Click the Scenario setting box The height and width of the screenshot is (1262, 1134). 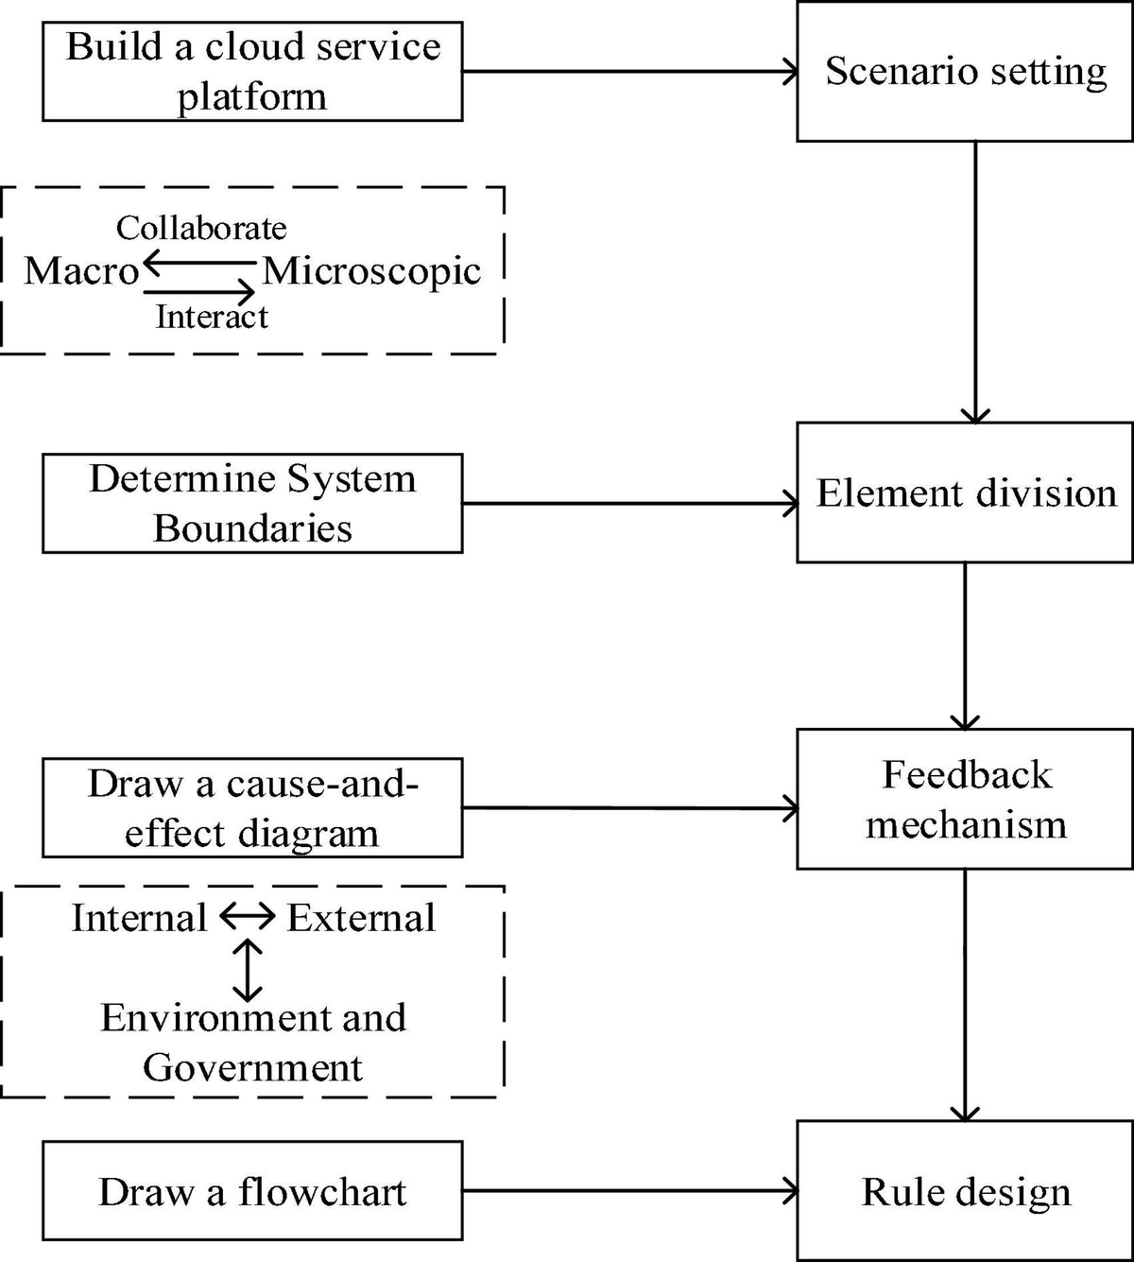pyautogui.click(x=965, y=72)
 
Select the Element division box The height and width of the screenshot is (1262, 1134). pyautogui.click(x=965, y=493)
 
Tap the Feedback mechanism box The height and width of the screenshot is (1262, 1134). pyautogui.click(x=965, y=799)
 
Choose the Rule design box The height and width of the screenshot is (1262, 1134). pyautogui.click(x=965, y=1191)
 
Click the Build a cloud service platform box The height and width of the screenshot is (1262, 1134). pyautogui.click(x=252, y=72)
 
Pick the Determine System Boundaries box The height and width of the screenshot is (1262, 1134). pyautogui.click(x=252, y=503)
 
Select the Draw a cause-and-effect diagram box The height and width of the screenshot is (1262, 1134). pyautogui.click(x=252, y=808)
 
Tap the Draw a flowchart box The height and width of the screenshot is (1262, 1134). pyautogui.click(x=252, y=1191)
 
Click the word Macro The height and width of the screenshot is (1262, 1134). pyautogui.click(x=81, y=271)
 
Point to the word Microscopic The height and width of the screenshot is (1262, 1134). pyautogui.click(x=371, y=271)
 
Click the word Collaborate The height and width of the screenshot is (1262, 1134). pyautogui.click(x=200, y=228)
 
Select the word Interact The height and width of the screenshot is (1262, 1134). pyautogui.click(x=211, y=317)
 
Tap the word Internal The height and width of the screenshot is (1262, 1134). pyautogui.click(x=139, y=918)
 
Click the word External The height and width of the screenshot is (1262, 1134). pyautogui.click(x=361, y=918)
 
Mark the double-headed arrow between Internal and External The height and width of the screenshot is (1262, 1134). pyautogui.click(x=248, y=916)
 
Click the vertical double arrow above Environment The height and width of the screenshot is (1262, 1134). pyautogui.click(x=248, y=969)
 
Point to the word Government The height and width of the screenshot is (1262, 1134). pyautogui.click(x=252, y=1067)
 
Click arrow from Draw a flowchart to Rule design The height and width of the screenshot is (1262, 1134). pyautogui.click(x=629, y=1191)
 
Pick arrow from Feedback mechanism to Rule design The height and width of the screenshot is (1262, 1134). pyautogui.click(x=965, y=993)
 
